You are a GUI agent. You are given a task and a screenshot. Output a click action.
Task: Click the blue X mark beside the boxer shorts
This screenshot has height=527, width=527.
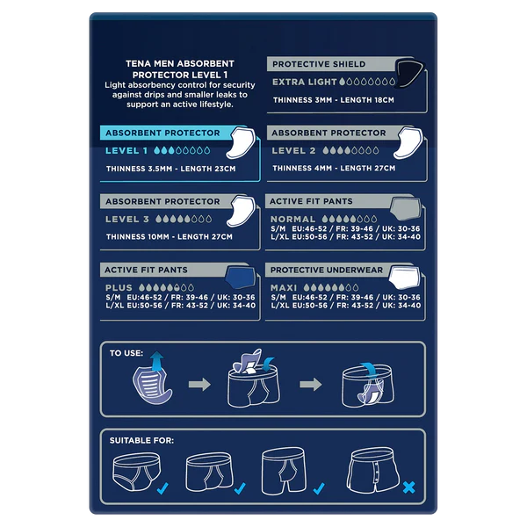408,487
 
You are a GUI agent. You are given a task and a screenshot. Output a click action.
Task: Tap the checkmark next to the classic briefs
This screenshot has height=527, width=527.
162,488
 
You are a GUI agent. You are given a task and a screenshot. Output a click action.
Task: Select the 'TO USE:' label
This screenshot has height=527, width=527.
126,353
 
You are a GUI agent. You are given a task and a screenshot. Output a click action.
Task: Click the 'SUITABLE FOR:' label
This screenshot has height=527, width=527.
141,440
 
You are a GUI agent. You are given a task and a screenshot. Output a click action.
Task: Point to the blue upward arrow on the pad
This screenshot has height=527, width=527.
157,361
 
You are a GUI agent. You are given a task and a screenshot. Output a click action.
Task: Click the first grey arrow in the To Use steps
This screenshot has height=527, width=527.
199,384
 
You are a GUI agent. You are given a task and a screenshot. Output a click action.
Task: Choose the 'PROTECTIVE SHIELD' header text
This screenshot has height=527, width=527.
319,64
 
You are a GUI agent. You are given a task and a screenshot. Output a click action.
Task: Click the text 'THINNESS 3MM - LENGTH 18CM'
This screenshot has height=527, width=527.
334,100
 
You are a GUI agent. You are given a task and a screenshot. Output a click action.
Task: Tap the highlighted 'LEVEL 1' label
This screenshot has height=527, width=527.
126,150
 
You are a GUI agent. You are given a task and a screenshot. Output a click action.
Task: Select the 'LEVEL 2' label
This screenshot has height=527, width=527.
293,150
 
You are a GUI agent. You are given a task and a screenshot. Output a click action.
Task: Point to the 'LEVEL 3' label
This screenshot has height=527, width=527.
127,219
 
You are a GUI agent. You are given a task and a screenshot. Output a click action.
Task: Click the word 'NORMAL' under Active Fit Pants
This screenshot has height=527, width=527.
292,219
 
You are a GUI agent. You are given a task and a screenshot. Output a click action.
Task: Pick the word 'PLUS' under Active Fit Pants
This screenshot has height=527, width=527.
119,288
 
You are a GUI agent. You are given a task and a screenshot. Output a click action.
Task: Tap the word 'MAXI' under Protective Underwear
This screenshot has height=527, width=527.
284,288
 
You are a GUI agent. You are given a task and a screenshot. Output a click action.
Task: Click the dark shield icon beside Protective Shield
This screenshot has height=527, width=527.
409,72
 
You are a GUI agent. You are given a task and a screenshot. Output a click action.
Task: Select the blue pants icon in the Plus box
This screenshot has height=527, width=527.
240,278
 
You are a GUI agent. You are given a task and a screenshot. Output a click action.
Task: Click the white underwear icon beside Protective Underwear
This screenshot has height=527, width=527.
405,278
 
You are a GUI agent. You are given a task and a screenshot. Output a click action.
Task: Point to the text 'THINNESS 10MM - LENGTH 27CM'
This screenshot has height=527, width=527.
169,236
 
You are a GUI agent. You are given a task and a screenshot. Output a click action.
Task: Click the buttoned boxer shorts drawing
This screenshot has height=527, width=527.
373,470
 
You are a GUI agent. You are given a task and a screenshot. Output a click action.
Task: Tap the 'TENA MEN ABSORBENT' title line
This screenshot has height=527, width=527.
180,63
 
